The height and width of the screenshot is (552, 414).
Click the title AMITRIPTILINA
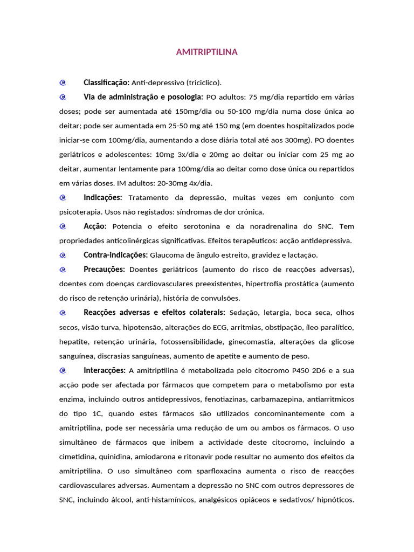click(206, 52)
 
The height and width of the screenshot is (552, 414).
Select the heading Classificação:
click(106, 82)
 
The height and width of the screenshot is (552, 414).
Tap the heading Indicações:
click(103, 198)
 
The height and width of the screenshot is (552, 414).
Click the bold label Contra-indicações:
click(115, 255)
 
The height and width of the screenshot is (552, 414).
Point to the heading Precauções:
click(105, 270)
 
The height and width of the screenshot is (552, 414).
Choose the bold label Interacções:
click(105, 370)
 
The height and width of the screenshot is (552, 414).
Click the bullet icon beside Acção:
click(63, 226)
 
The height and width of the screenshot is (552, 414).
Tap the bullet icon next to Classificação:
click(63, 82)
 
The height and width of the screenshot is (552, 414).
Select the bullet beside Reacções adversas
click(63, 313)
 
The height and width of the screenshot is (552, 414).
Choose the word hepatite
click(74, 342)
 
